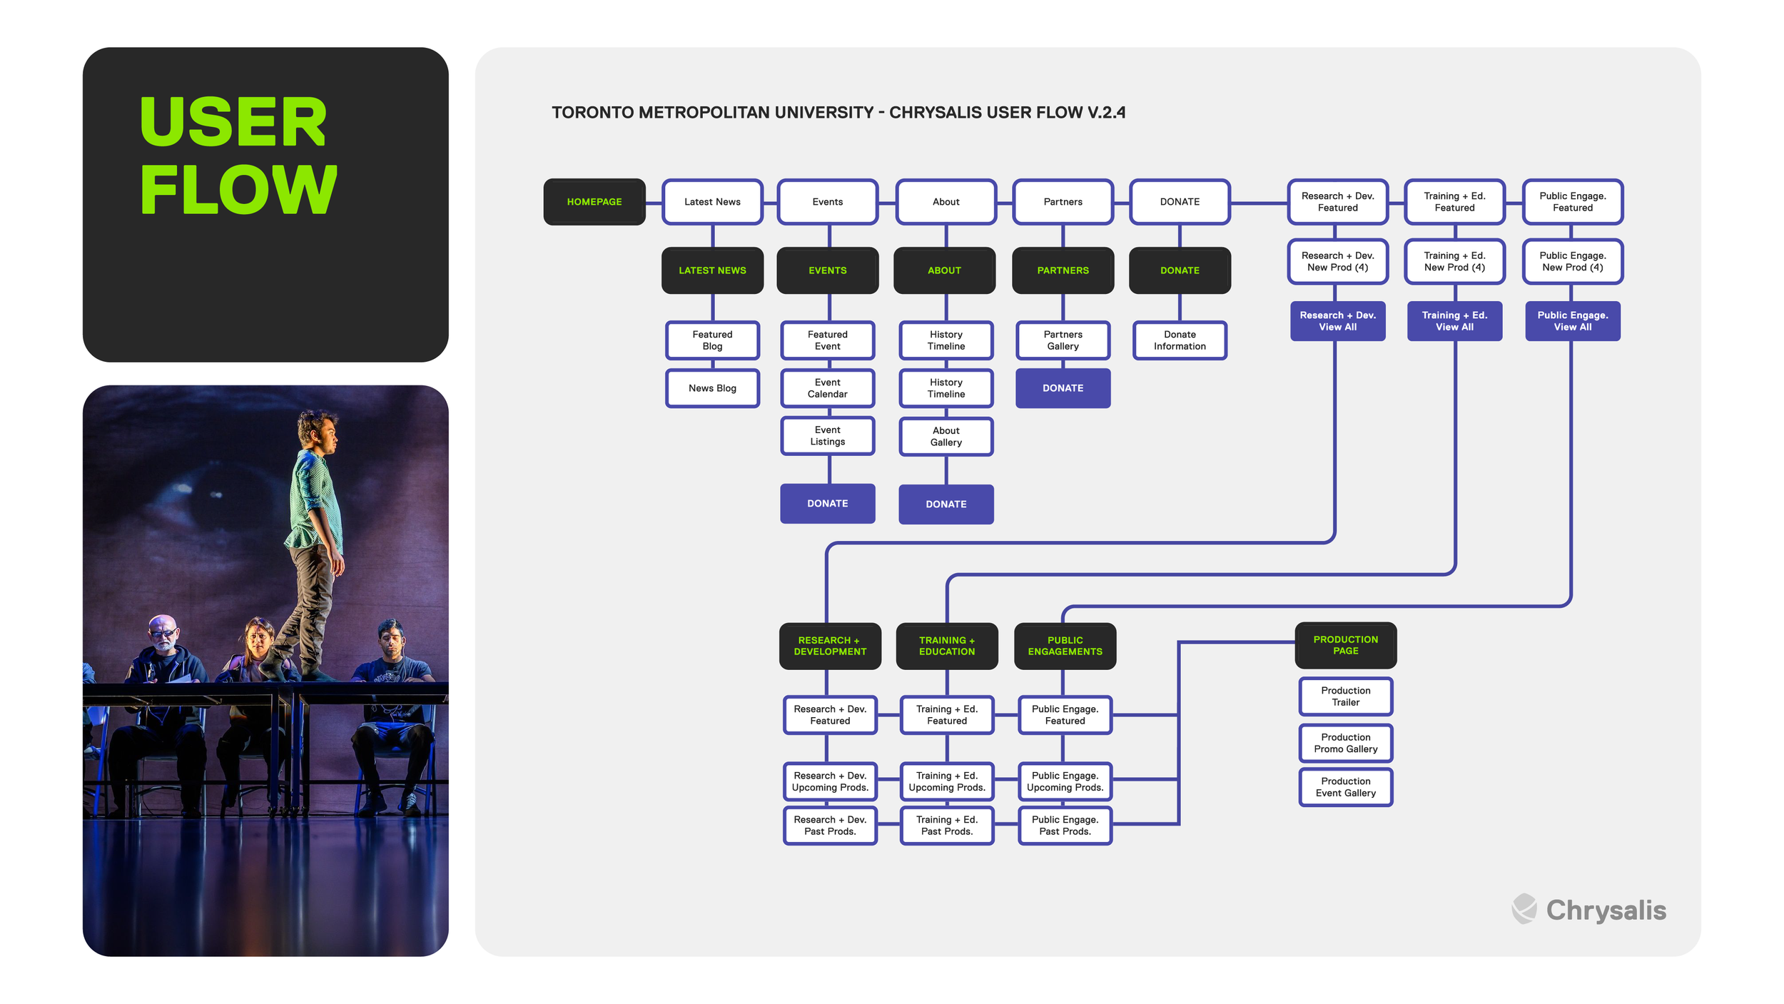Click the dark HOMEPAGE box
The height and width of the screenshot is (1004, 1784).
594,202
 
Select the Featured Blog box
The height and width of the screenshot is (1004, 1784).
712,340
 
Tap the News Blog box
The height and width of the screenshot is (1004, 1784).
712,388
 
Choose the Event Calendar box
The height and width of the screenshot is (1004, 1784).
828,388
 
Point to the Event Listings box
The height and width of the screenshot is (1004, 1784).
828,436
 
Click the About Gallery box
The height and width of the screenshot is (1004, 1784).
946,437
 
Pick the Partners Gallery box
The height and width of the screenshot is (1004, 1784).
1063,340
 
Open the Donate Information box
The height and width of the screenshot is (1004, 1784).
1180,340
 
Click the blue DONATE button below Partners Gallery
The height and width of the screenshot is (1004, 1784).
1063,388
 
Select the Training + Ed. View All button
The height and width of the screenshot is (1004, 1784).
1454,321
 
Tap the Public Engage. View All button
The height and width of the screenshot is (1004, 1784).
1573,321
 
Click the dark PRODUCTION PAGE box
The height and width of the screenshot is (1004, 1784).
1346,645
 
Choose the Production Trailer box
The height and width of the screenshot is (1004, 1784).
1346,696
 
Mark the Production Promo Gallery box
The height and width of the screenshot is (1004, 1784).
1346,743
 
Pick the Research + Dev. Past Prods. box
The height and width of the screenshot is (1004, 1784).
830,826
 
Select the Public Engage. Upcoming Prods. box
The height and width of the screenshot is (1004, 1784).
1065,781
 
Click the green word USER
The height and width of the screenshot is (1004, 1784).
233,122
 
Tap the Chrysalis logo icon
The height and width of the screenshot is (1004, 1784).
1524,908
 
